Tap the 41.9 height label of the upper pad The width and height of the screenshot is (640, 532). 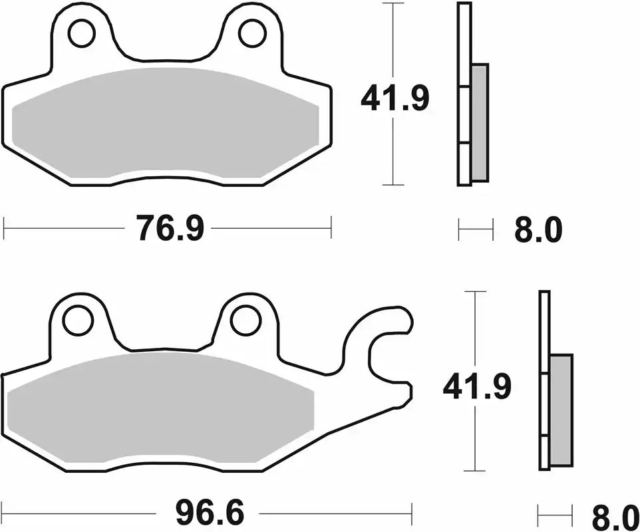point(395,100)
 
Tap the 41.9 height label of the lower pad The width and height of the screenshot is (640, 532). point(477,387)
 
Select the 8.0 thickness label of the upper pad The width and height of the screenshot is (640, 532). point(538,231)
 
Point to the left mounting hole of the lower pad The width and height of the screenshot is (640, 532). point(77,321)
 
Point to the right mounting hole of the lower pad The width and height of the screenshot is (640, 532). point(245,321)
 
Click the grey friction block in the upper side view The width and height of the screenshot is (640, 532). point(479,123)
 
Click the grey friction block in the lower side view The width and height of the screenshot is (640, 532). point(561,410)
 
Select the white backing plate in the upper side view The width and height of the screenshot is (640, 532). point(464,93)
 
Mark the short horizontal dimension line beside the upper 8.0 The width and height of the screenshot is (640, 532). point(476,231)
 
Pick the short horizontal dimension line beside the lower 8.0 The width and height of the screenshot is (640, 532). point(555,513)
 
